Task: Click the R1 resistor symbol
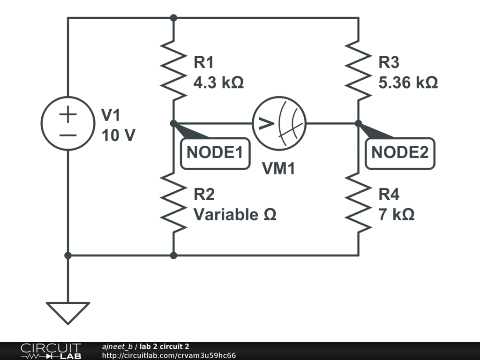[x=173, y=70]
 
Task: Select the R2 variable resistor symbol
[x=173, y=202]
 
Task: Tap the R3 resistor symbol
[x=359, y=70]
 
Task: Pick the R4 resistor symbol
[x=359, y=202]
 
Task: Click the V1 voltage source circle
[x=68, y=124]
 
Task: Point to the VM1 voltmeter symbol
[x=279, y=124]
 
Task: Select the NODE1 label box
[x=215, y=152]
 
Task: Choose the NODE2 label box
[x=400, y=152]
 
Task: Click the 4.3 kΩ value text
[x=218, y=83]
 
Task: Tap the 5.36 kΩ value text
[x=408, y=83]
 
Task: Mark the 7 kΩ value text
[x=397, y=215]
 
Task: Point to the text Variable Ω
[x=235, y=215]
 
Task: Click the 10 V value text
[x=118, y=136]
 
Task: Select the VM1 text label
[x=278, y=169]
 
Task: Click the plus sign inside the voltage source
[x=68, y=114]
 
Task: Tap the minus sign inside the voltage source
[x=68, y=135]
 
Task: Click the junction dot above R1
[x=173, y=18]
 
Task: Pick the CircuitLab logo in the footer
[x=50, y=351]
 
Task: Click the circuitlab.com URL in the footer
[x=169, y=356]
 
